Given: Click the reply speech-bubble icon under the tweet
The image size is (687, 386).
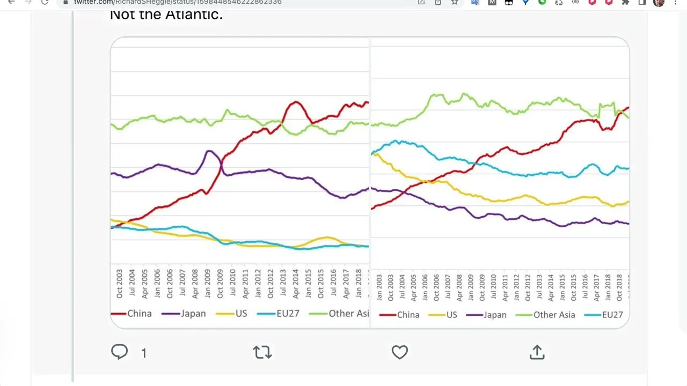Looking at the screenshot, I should (x=119, y=352).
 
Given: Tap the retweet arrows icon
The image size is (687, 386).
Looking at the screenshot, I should (x=262, y=352).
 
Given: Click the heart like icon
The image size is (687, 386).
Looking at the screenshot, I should (x=399, y=352).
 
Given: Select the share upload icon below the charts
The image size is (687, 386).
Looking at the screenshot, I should (x=537, y=352).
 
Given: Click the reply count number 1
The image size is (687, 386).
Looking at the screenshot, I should (x=144, y=353).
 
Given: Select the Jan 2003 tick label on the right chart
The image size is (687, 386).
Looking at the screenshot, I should (x=379, y=287).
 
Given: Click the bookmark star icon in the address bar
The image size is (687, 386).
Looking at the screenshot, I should (x=455, y=2).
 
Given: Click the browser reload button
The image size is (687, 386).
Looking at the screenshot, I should (x=45, y=2).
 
